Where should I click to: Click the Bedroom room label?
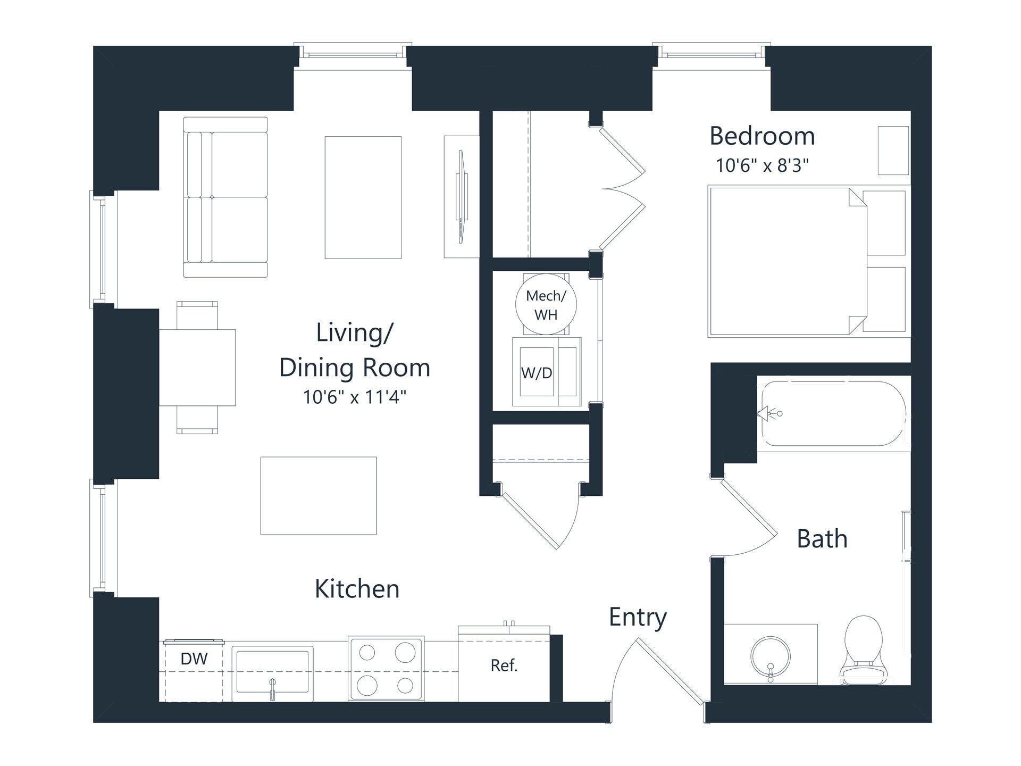[x=762, y=136]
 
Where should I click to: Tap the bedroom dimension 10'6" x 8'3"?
[x=762, y=165]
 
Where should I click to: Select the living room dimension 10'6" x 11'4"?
[x=355, y=397]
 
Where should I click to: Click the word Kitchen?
[x=357, y=589]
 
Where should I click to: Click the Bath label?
[x=822, y=539]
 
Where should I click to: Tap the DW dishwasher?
[x=194, y=670]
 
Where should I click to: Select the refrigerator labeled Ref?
[x=504, y=664]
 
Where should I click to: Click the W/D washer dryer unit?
[x=547, y=372]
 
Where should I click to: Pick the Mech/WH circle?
[x=546, y=304]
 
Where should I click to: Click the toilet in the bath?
[x=863, y=650]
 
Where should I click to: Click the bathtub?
[x=833, y=414]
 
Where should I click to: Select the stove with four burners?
[x=386, y=669]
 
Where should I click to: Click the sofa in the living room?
[x=225, y=197]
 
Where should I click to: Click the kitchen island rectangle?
[x=319, y=495]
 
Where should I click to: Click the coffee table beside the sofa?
[x=363, y=197]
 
